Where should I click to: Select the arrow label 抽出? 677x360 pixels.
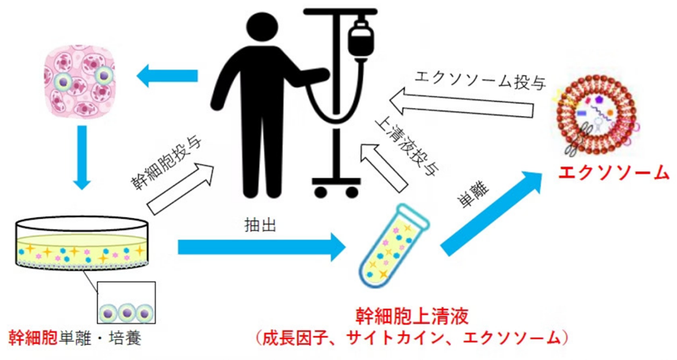click(x=258, y=226)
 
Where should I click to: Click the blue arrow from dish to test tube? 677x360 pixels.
click(x=261, y=247)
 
